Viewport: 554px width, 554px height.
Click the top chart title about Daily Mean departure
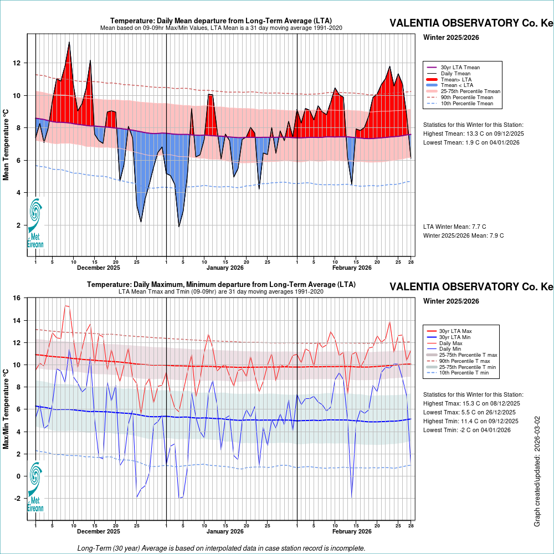point(221,21)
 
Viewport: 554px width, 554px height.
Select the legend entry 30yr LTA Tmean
point(460,68)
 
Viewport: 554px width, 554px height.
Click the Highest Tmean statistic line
point(473,134)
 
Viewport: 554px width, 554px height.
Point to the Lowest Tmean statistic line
point(471,142)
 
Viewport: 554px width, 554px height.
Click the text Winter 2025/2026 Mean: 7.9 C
point(463,235)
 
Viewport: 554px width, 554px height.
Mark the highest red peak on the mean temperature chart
point(69,42)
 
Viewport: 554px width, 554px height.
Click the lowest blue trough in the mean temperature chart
point(179,226)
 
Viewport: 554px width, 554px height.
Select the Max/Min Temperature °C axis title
point(6,409)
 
